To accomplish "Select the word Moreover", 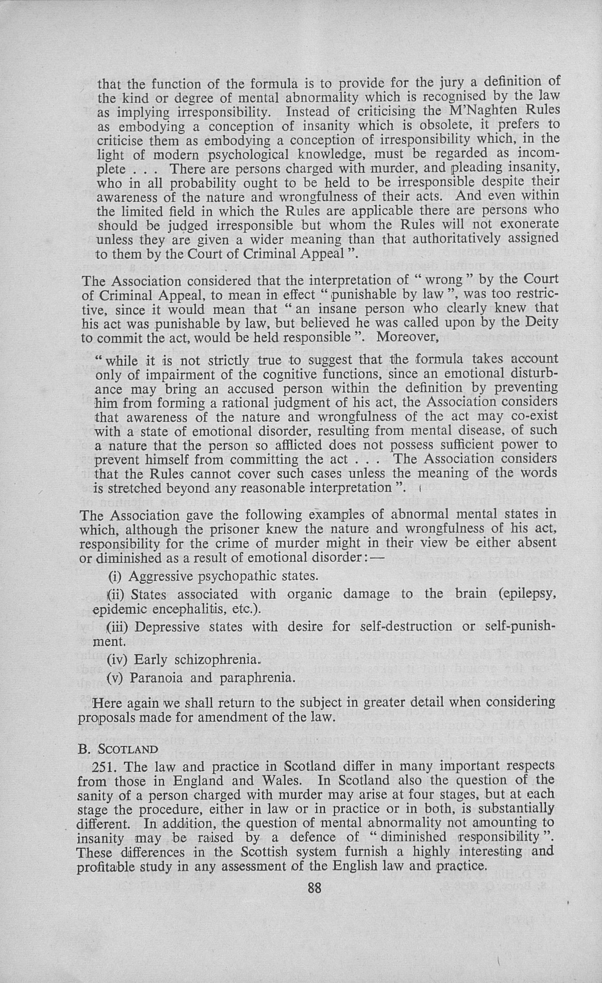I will (408, 337).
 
